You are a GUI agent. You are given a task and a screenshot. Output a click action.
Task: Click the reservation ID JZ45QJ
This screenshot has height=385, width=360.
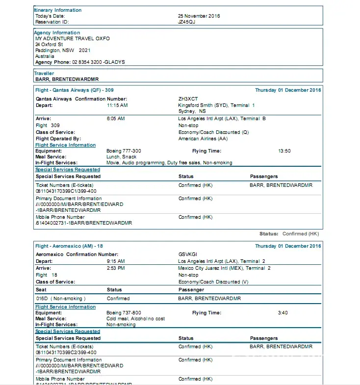(x=186, y=22)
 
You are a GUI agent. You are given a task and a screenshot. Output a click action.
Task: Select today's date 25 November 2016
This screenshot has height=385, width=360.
(x=199, y=16)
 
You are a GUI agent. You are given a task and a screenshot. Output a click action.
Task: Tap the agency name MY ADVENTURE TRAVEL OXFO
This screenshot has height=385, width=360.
(x=72, y=38)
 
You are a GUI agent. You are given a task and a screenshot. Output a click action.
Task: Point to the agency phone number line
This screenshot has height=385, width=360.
(x=80, y=62)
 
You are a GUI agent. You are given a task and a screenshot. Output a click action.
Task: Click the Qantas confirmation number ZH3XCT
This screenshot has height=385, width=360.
(x=188, y=99)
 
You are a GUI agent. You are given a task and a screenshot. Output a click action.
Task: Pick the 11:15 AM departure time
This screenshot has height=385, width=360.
(x=117, y=105)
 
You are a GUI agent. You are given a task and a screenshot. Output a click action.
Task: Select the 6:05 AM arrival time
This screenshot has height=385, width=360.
(x=116, y=119)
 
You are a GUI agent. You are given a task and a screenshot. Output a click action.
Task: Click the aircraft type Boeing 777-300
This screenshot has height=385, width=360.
(x=124, y=151)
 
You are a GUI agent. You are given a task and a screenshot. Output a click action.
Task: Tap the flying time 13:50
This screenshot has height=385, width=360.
(x=284, y=151)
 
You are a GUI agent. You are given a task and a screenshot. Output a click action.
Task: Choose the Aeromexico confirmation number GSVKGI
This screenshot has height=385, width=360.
(x=188, y=255)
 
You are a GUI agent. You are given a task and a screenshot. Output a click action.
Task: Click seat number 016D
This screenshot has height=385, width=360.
(x=42, y=298)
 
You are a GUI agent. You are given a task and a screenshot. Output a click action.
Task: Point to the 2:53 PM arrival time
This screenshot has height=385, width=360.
(x=116, y=268)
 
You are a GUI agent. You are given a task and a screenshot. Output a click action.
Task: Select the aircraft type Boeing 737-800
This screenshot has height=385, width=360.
(x=124, y=313)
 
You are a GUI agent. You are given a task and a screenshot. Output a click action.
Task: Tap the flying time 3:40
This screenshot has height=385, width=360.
(x=283, y=313)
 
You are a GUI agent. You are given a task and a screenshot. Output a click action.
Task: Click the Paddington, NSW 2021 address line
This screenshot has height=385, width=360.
(x=63, y=50)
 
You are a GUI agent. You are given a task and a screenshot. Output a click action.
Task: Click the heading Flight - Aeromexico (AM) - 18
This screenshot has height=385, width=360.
(x=69, y=246)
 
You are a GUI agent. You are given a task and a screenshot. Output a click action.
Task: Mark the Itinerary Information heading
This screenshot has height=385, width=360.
(x=58, y=10)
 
